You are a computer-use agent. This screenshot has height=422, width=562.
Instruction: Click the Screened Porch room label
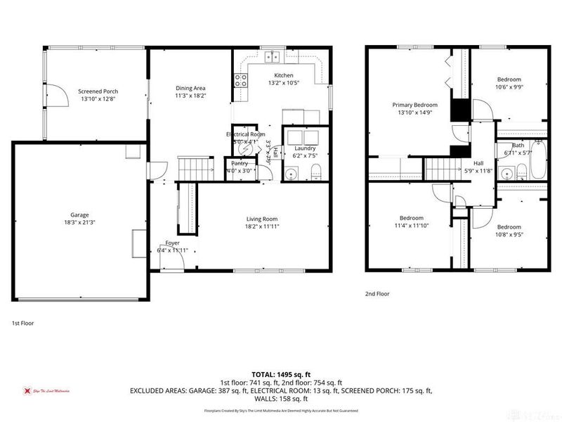click(x=98, y=91)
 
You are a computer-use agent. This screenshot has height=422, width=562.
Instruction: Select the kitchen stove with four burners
click(x=241, y=80)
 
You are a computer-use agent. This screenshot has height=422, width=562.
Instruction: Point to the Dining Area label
click(x=190, y=88)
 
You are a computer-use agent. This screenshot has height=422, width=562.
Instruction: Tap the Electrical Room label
click(x=245, y=134)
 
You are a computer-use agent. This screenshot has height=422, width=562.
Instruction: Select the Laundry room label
click(x=305, y=148)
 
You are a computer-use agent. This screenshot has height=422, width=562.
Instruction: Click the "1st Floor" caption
click(x=22, y=323)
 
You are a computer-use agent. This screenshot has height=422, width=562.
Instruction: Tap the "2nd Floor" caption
click(x=377, y=294)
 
